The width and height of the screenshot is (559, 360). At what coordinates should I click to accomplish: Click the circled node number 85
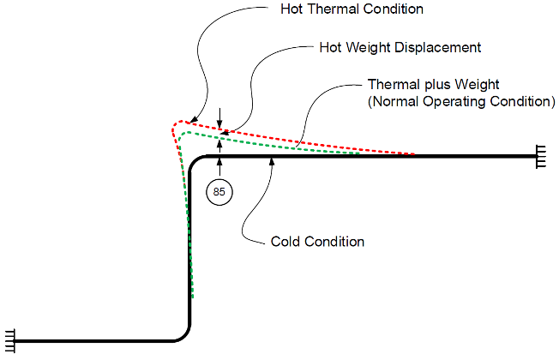pyautogui.click(x=219, y=192)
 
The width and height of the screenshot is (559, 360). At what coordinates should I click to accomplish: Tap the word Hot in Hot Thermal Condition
pyautogui.click(x=293, y=10)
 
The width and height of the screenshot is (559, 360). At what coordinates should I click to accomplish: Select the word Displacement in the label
pyautogui.click(x=440, y=47)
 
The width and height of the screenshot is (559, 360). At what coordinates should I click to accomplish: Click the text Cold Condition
pyautogui.click(x=317, y=242)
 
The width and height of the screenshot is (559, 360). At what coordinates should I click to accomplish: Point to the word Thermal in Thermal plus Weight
pyautogui.click(x=391, y=85)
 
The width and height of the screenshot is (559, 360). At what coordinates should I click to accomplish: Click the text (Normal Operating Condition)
pyautogui.click(x=461, y=101)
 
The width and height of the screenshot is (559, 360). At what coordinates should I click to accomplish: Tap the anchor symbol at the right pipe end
pyautogui.click(x=542, y=157)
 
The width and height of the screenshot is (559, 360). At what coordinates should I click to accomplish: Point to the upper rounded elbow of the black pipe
pyautogui.click(x=196, y=163)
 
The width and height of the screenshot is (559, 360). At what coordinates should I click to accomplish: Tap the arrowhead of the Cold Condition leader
pyautogui.click(x=272, y=161)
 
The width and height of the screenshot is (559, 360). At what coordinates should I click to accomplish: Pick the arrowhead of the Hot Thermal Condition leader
pyautogui.click(x=193, y=122)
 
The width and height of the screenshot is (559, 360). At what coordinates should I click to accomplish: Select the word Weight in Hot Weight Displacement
pyautogui.click(x=371, y=47)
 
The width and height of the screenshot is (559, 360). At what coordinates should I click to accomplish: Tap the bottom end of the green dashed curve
pyautogui.click(x=192, y=297)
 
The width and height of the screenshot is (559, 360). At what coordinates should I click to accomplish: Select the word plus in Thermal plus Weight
pyautogui.click(x=432, y=85)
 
